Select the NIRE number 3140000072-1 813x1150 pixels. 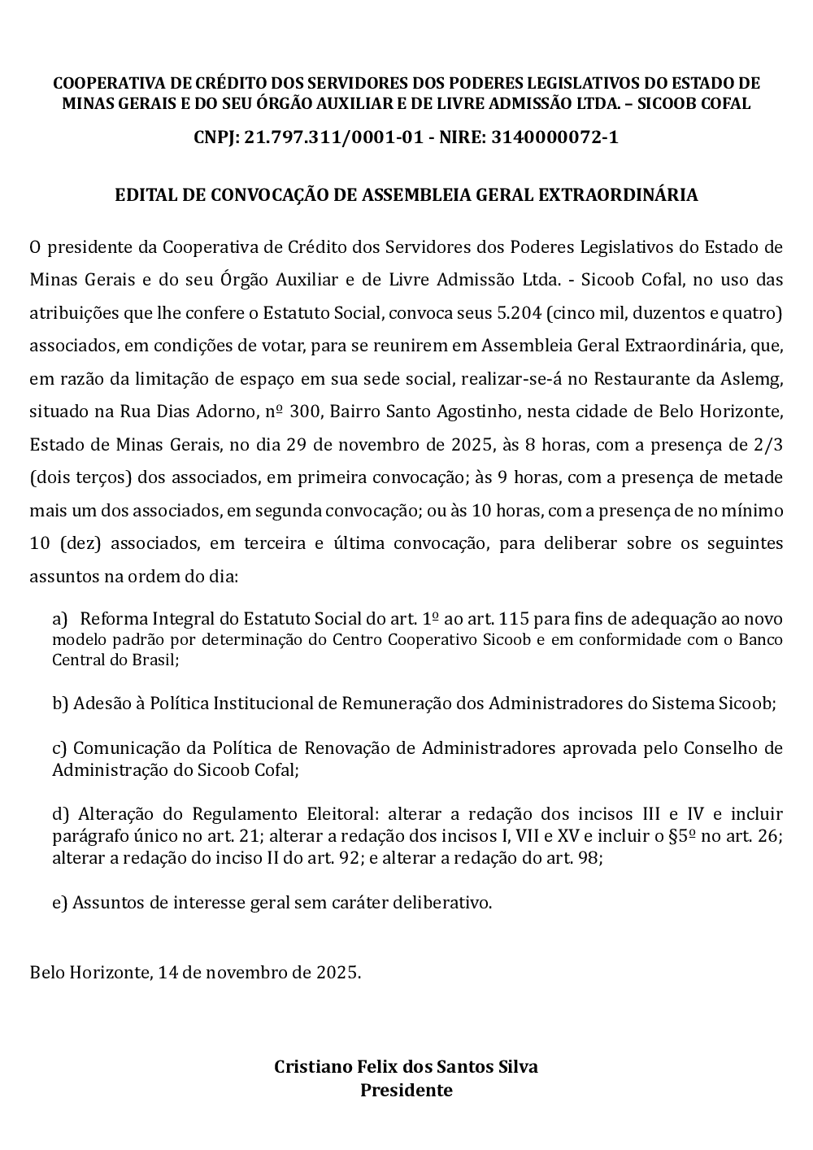click(x=554, y=137)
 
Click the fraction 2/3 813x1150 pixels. click(x=767, y=445)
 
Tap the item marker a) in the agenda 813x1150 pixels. click(x=60, y=620)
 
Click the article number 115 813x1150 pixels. click(x=514, y=620)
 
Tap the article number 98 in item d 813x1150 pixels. click(x=589, y=857)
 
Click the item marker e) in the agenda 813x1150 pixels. click(x=60, y=903)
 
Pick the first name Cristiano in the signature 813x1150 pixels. click(x=313, y=1067)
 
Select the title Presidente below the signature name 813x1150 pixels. click(x=406, y=1091)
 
